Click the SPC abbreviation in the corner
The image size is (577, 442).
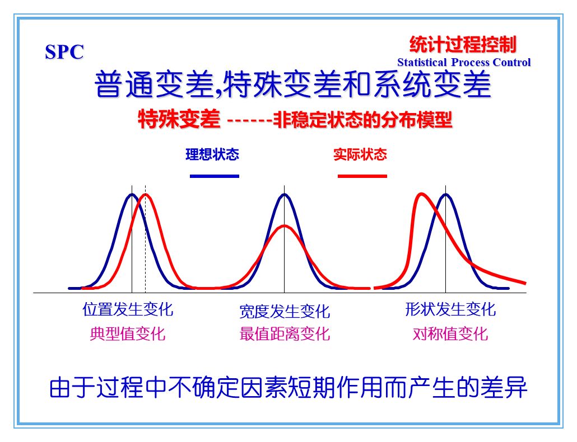64,52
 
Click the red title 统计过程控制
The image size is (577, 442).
463,44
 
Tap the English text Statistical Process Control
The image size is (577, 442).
464,62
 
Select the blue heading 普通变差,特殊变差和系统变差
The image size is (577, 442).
292,84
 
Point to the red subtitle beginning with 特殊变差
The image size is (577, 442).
295,119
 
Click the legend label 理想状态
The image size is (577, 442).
212,154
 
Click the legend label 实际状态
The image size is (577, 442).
360,154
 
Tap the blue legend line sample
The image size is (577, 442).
215,176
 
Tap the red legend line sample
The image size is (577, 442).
362,176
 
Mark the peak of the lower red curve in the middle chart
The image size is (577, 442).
285,225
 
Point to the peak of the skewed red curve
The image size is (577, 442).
421,194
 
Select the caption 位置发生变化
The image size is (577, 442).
128,309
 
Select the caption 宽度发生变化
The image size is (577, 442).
285,311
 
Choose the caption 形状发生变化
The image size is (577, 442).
450,309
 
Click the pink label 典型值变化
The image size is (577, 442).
128,334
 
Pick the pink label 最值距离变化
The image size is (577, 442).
285,334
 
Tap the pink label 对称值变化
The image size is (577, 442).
450,334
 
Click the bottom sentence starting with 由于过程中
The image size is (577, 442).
288,387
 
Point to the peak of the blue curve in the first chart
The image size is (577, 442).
132,194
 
